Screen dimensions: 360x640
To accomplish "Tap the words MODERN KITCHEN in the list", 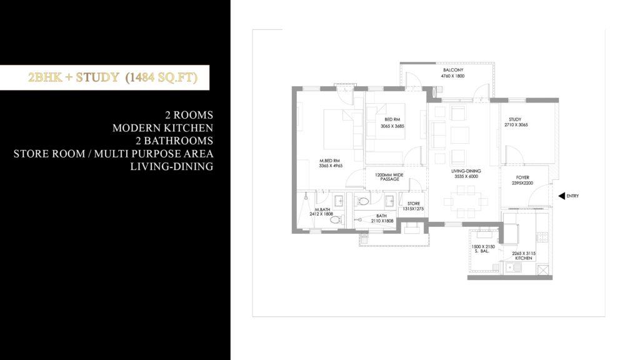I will tap(162, 128).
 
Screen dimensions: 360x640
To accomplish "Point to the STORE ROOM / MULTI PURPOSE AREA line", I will tap(113, 154).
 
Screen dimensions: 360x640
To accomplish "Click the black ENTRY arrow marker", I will tap(561, 196).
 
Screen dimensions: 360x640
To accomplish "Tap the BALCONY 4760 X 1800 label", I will tap(452, 72).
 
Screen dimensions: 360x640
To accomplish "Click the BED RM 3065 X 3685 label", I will tap(392, 122).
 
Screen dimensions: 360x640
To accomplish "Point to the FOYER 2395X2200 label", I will tap(523, 181).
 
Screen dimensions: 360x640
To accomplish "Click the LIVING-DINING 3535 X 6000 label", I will tap(465, 173).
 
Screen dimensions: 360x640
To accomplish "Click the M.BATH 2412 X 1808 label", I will tap(322, 211).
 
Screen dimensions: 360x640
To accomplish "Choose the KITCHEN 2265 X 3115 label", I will tap(524, 256).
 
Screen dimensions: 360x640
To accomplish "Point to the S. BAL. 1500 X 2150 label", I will tap(483, 249).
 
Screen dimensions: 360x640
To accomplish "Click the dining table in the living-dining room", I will tap(464, 202).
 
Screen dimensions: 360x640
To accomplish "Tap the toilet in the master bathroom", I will tap(334, 219).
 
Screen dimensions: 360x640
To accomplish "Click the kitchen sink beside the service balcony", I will tap(514, 267).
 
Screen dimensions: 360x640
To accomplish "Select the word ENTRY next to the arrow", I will tap(572, 196).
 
